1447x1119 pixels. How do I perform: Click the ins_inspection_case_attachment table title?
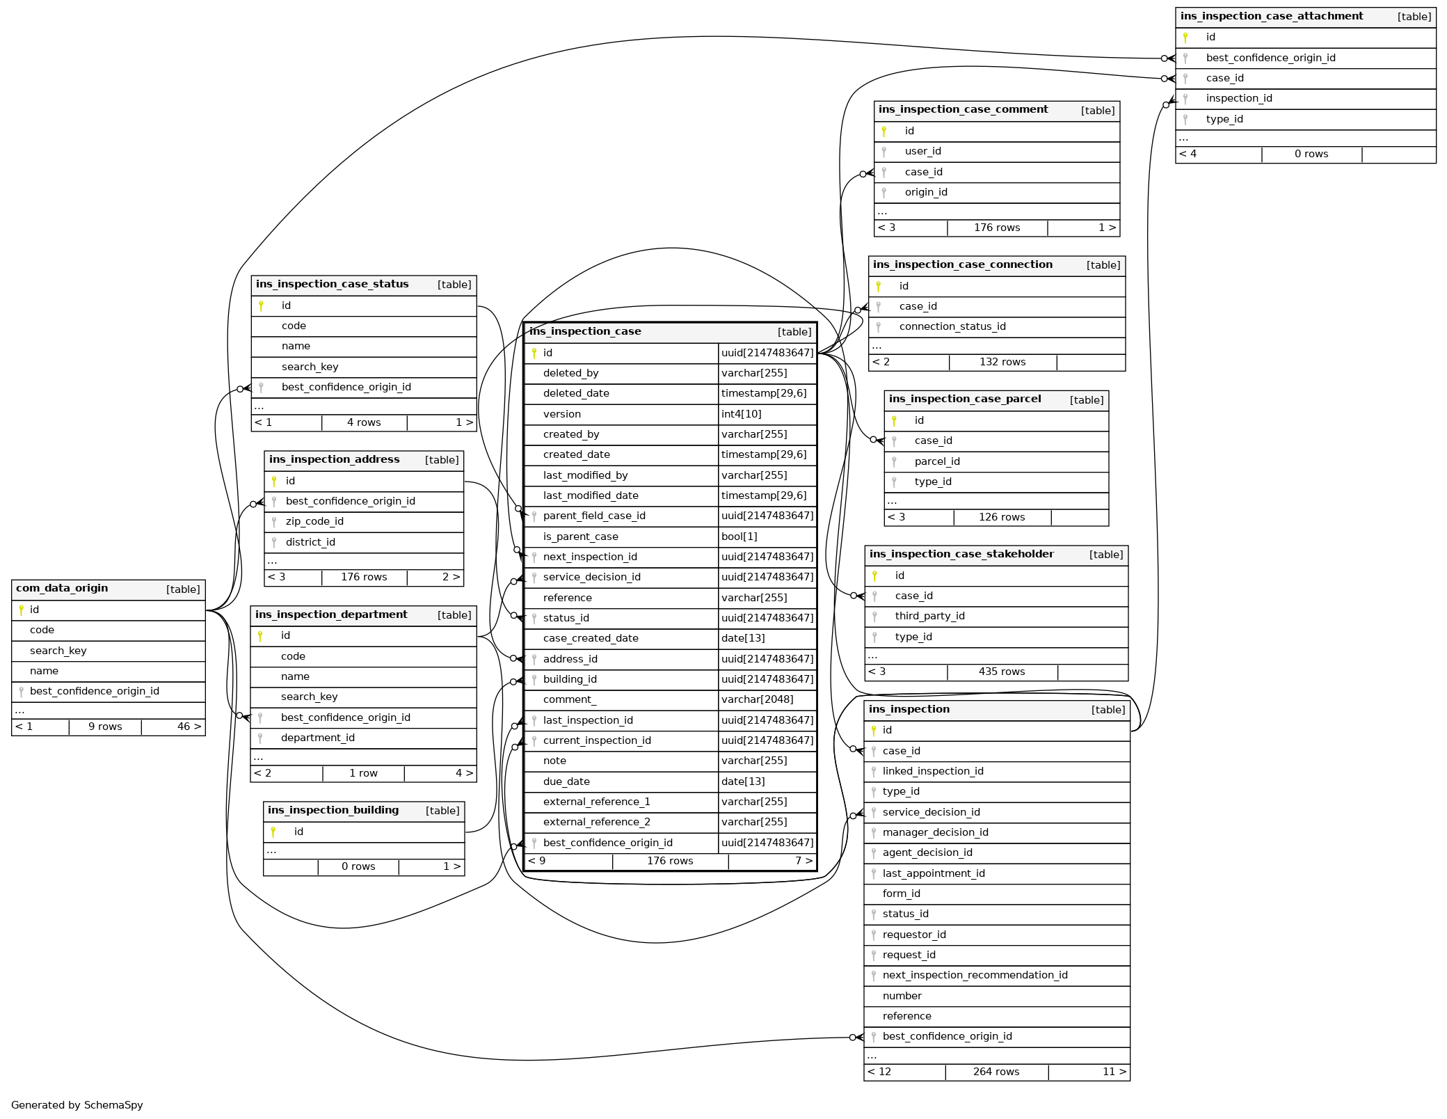click(1271, 16)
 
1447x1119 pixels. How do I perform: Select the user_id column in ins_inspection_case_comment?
click(922, 151)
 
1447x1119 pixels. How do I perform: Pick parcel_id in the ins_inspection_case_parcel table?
click(936, 461)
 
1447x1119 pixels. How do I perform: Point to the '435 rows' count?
click(1001, 672)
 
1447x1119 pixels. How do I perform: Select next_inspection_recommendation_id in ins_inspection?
click(975, 975)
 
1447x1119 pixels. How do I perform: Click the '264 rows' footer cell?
click(996, 1072)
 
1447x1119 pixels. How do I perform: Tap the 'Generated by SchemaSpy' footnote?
click(77, 1105)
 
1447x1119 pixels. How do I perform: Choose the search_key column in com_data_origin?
click(58, 651)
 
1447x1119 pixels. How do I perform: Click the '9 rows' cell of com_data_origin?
click(105, 727)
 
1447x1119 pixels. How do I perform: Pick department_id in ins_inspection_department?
click(317, 738)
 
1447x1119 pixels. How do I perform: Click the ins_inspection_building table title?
click(333, 810)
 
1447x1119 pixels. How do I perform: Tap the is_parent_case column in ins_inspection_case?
click(580, 537)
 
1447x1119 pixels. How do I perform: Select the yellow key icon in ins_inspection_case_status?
click(261, 305)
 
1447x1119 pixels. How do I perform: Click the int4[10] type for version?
click(741, 414)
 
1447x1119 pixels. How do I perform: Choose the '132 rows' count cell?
click(1002, 362)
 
